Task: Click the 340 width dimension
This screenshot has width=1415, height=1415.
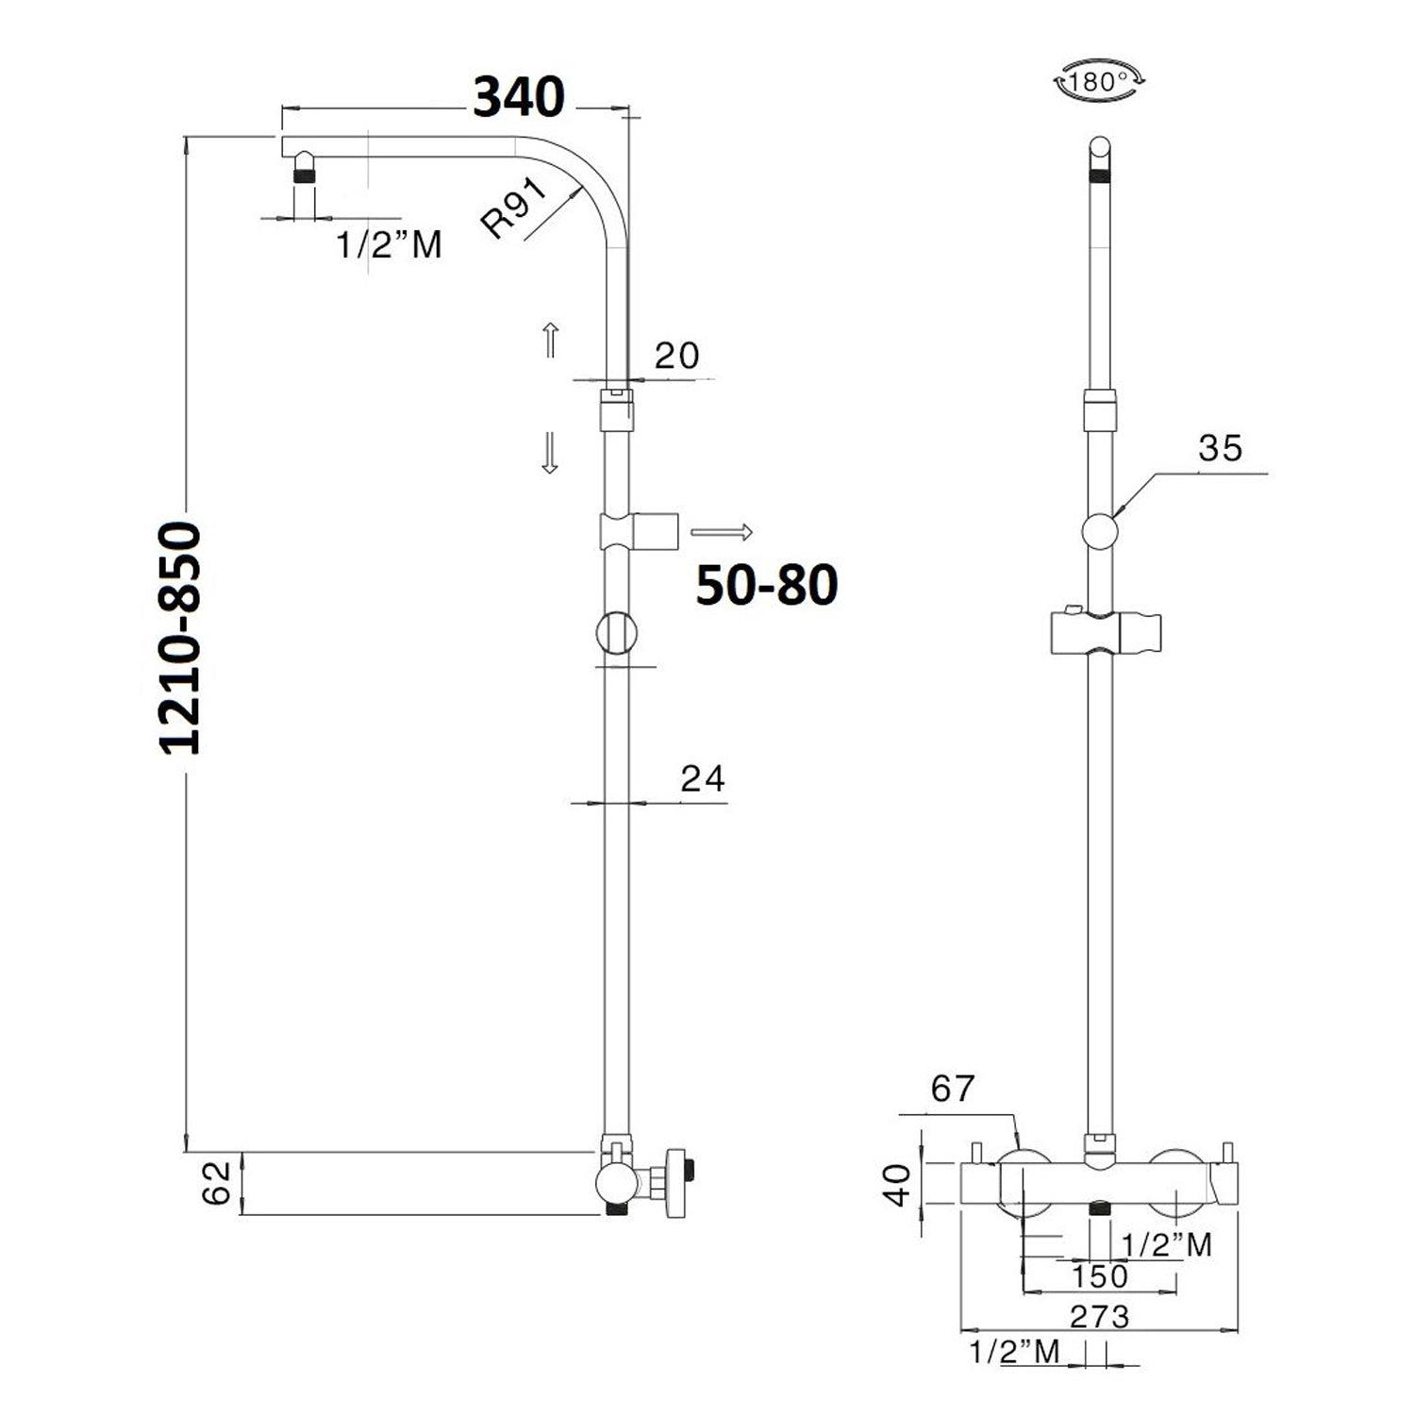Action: [519, 96]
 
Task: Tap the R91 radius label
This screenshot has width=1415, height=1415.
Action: [515, 208]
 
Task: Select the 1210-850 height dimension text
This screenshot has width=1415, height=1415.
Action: [179, 638]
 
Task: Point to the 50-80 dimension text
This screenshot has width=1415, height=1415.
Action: [767, 585]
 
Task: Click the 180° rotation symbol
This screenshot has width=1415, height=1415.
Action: [1099, 81]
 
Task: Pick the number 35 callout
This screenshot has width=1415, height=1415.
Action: [1221, 448]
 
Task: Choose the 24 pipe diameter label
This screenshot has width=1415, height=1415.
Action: [703, 778]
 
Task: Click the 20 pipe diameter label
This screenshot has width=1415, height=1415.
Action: [677, 356]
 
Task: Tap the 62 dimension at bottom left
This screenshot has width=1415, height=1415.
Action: [216, 1183]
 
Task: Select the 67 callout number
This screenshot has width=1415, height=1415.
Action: [952, 1089]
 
